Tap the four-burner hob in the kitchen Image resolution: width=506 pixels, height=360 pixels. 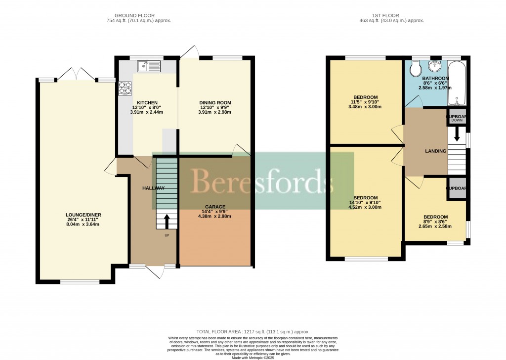[x=125, y=88]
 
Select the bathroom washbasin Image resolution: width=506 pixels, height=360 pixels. [x=435, y=66]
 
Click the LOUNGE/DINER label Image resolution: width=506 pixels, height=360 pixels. [x=84, y=215]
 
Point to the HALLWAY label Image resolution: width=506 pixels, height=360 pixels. [x=153, y=188]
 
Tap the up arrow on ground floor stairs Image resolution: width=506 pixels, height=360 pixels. [x=167, y=221]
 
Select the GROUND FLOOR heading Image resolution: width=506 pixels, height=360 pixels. [x=138, y=15]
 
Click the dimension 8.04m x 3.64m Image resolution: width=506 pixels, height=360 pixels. [x=84, y=225]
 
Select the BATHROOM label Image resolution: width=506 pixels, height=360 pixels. [x=435, y=78]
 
